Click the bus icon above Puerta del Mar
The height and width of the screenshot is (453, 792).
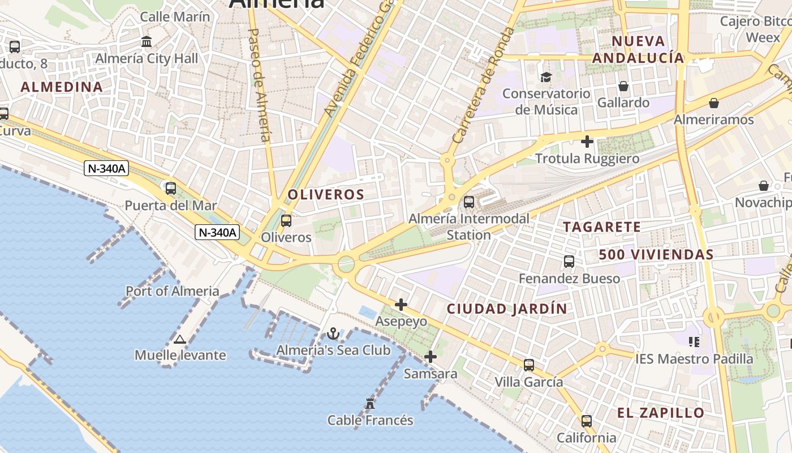[170, 188]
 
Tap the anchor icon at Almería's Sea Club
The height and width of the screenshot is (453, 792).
[333, 334]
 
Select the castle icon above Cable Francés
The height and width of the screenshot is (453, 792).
[370, 403]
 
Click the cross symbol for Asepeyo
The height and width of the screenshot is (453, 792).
[401, 305]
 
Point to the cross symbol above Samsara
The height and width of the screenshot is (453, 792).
[431, 357]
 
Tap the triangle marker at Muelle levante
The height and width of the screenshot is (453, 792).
[180, 339]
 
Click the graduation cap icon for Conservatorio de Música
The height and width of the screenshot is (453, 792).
[546, 77]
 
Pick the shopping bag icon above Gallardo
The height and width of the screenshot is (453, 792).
[623, 86]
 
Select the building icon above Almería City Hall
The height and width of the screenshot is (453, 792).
[147, 41]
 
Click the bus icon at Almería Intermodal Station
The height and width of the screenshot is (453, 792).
[469, 202]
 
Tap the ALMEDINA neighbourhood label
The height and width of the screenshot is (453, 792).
[62, 87]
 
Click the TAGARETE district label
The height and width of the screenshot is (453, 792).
[602, 227]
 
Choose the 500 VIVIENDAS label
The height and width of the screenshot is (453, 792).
[656, 255]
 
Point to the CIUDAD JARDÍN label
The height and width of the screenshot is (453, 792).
[507, 309]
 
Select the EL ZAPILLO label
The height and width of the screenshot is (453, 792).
[661, 413]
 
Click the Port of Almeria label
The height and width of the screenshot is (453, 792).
[173, 291]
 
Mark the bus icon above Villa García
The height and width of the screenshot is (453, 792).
[529, 365]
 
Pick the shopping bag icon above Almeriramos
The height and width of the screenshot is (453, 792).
[714, 103]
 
